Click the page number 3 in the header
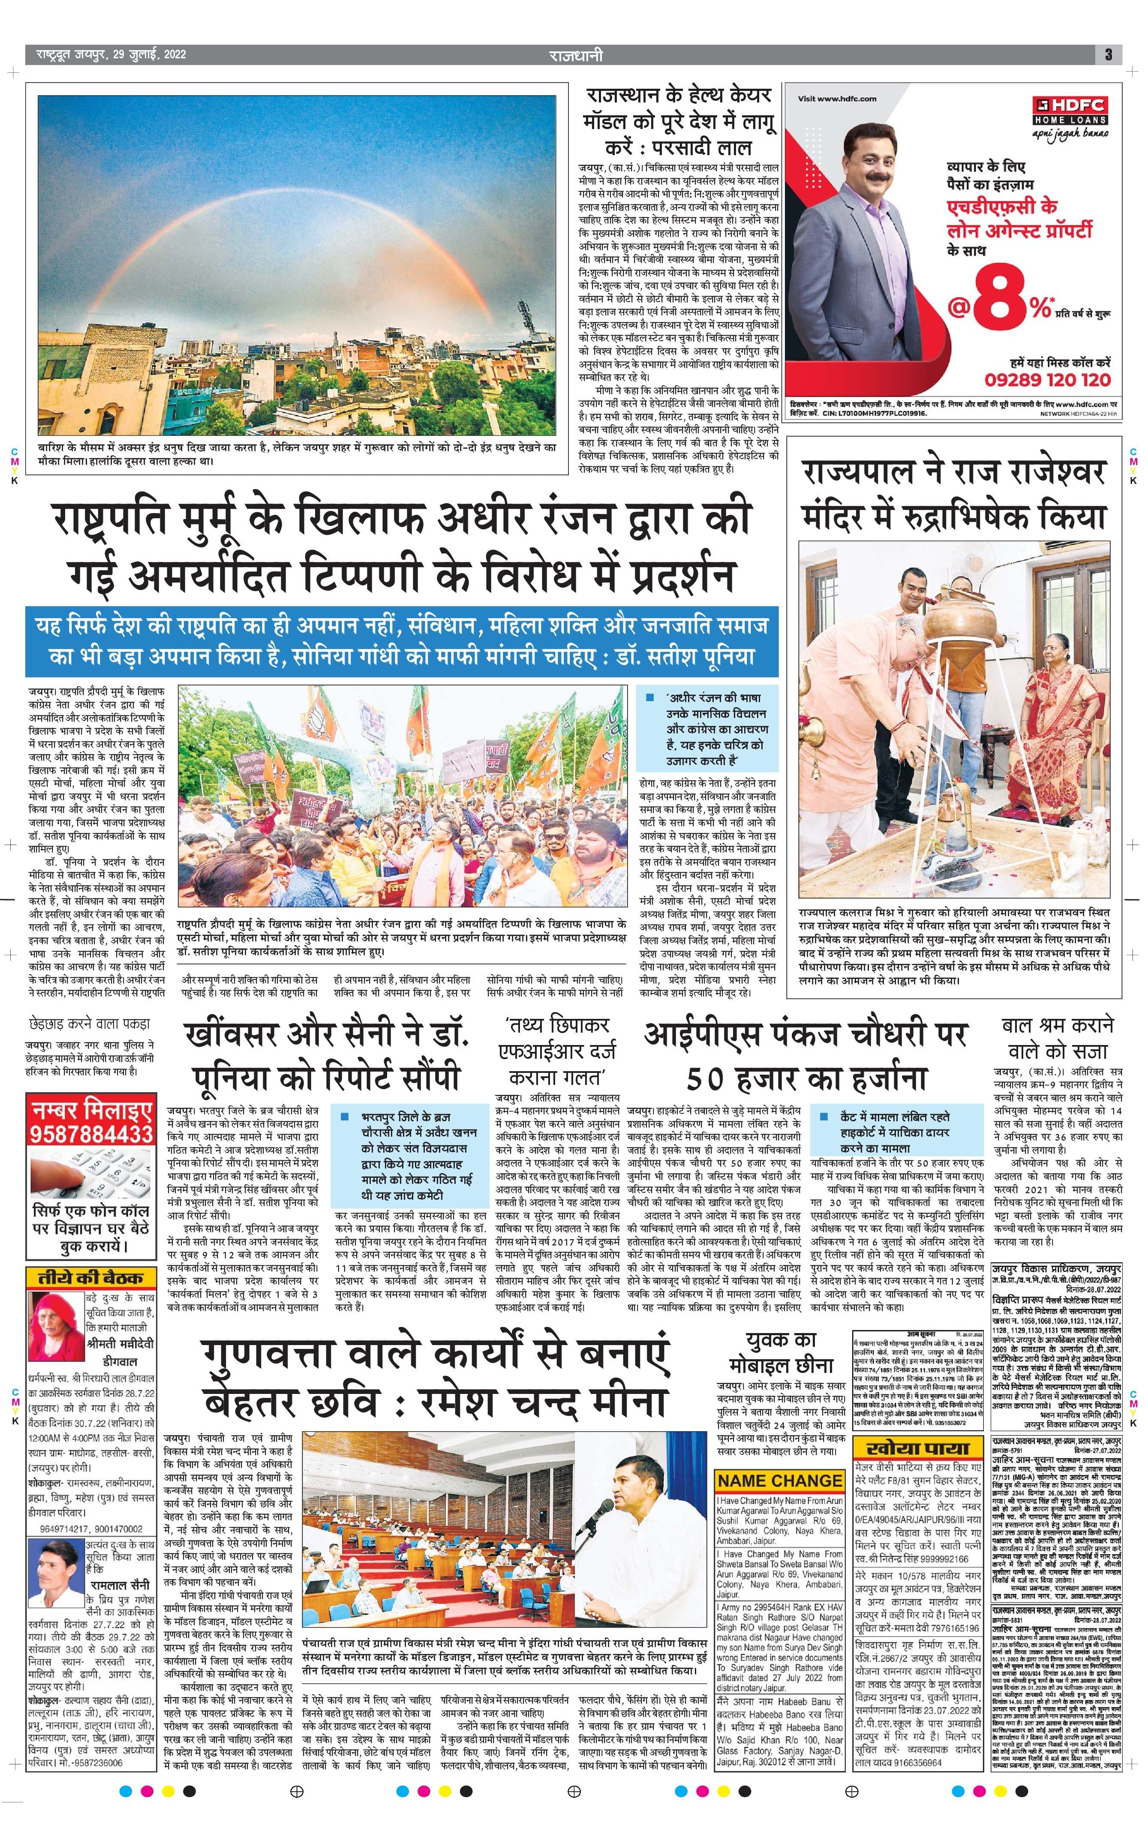point(1108,54)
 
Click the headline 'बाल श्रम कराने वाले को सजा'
point(1057,1038)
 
